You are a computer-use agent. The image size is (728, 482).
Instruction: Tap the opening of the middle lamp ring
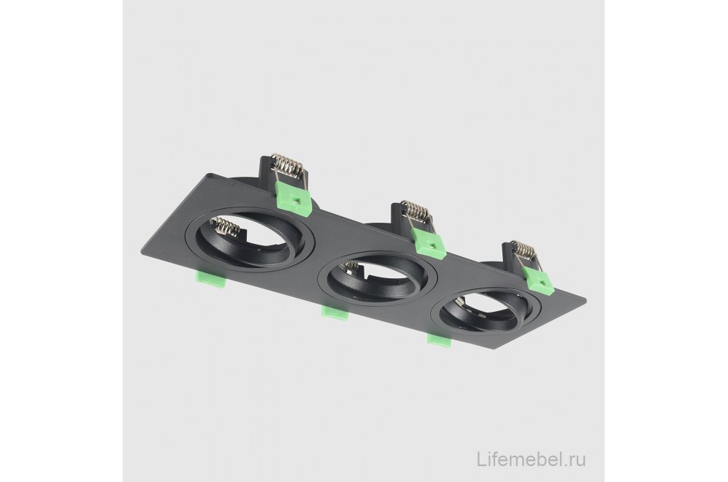pos(376,280)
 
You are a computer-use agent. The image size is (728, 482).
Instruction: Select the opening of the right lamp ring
pos(480,310)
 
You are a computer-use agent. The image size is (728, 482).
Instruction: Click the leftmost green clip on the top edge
pos(293,197)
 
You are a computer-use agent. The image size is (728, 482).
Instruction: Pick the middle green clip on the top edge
pos(429,241)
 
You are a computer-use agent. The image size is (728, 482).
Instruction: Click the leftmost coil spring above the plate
pos(286,167)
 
